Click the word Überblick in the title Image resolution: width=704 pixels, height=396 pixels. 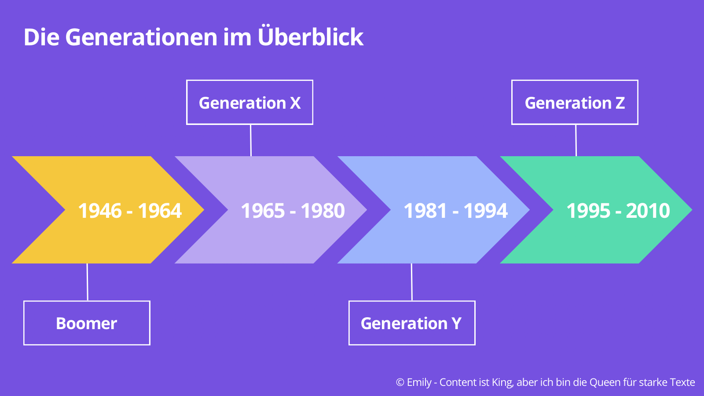tap(311, 37)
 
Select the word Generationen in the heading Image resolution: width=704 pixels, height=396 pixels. tap(141, 37)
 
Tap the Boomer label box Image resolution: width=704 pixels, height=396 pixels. tap(87, 323)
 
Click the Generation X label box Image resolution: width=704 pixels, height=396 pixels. tap(249, 103)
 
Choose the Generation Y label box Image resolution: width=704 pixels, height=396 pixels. tap(411, 323)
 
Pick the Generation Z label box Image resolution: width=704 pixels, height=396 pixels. tap(575, 103)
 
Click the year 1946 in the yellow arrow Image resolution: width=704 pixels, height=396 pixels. tap(100, 211)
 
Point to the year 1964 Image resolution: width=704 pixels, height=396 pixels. tap(160, 211)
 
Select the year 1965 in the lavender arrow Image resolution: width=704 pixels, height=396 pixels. tap(263, 211)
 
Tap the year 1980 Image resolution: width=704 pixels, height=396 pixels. tap(323, 211)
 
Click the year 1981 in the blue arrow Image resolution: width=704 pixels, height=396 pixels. tap(425, 211)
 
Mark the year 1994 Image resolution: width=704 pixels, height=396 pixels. tap(486, 211)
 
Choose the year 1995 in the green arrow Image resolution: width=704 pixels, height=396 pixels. tap(588, 211)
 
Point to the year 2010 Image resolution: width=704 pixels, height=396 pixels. tap(648, 211)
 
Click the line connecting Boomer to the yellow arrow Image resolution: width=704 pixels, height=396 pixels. tap(87, 282)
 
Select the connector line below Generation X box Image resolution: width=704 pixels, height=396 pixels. tap(251, 140)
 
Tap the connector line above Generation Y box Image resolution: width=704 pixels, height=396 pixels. tap(412, 282)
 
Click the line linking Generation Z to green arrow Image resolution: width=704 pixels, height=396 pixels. tap(576, 140)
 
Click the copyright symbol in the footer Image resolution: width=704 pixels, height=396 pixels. tap(400, 382)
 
